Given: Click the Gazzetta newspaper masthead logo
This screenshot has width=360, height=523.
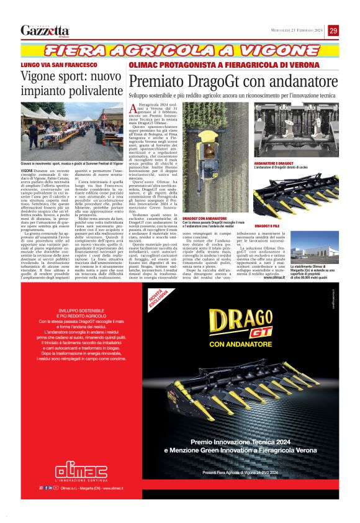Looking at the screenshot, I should [x=45, y=30].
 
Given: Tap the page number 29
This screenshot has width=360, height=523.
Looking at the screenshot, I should [x=333, y=30].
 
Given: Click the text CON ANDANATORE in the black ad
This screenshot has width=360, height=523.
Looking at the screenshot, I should [x=240, y=345].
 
